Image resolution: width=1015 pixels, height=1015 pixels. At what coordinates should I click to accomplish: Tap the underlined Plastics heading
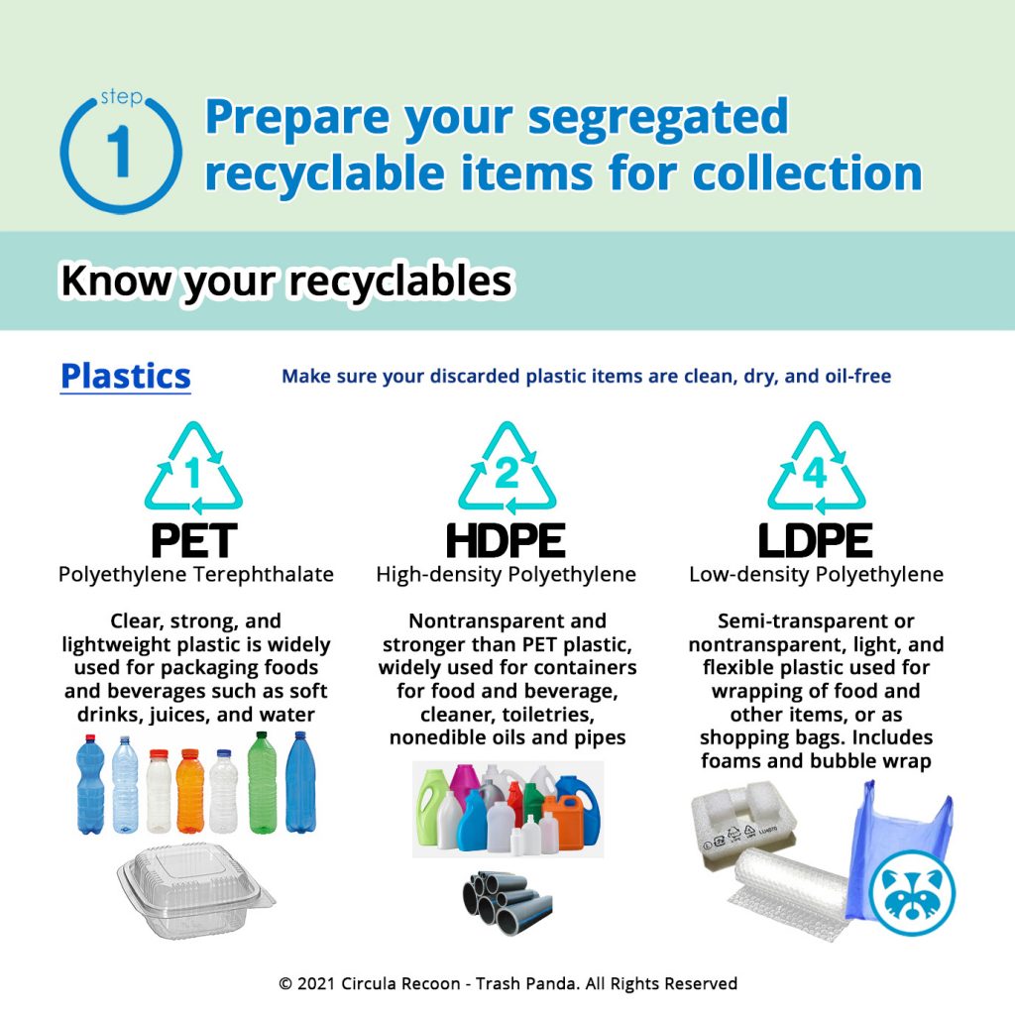tap(126, 377)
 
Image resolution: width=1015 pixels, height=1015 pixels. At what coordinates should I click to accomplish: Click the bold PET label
tap(194, 540)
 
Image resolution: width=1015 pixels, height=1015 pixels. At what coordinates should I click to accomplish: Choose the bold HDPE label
tap(507, 540)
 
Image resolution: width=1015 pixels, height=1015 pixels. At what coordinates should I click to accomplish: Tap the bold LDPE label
tap(816, 540)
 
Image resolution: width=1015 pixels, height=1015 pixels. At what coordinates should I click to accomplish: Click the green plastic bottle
tap(262, 783)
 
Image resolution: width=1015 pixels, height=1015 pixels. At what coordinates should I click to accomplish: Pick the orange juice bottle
tap(189, 791)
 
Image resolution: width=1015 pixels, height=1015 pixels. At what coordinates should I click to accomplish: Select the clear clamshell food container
tap(195, 890)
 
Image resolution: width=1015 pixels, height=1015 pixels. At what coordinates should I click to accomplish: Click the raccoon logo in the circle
tap(912, 891)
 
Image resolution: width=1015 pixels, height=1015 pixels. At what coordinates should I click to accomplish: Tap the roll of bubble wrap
tap(790, 890)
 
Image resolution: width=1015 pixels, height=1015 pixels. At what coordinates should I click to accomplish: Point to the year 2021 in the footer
tap(316, 984)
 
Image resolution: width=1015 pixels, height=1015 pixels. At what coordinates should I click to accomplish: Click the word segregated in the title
tap(658, 119)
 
